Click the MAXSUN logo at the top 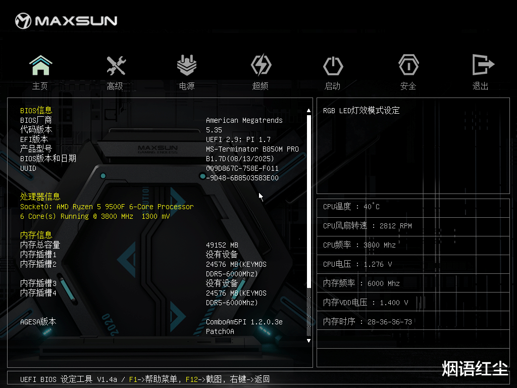click(x=66, y=21)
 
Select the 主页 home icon click(x=40, y=66)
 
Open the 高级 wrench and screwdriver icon click(x=116, y=66)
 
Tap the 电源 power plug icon click(x=187, y=66)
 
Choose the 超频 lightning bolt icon click(x=261, y=66)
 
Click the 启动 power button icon click(x=333, y=66)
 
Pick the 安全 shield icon click(x=408, y=66)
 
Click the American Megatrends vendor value click(x=244, y=120)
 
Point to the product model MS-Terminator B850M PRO click(x=252, y=149)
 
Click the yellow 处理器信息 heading click(x=40, y=197)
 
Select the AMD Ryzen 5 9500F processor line click(x=107, y=207)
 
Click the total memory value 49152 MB click(x=222, y=245)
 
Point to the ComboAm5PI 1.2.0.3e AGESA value click(x=244, y=322)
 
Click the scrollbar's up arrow click(x=309, y=110)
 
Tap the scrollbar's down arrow click(x=309, y=341)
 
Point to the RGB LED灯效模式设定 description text click(x=361, y=111)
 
